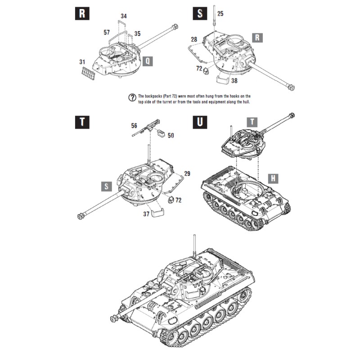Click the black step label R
point(81,13)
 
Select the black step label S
point(200,13)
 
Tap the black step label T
point(81,122)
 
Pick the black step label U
point(200,122)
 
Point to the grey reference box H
point(274,178)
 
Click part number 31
point(82,62)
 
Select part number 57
point(107,32)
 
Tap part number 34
point(124,16)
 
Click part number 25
point(220,13)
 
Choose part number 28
point(193,40)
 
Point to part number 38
point(234,82)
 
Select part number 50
point(171,135)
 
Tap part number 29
point(187,173)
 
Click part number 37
point(146,214)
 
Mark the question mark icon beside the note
point(132,98)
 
